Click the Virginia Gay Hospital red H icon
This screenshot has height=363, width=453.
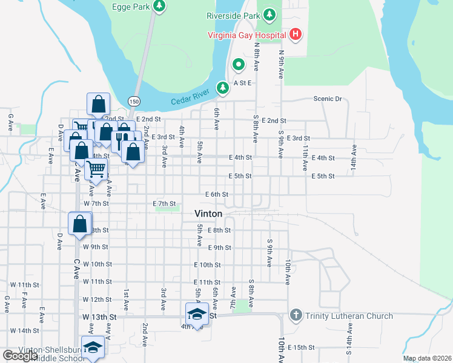(x=295, y=34)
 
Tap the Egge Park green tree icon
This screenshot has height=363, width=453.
(x=159, y=7)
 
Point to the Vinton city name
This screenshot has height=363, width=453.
(x=208, y=214)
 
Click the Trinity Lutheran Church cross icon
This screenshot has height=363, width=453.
(x=296, y=315)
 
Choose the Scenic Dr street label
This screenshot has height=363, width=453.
(x=328, y=99)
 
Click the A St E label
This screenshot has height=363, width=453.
(x=242, y=82)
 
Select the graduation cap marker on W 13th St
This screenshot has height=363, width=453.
(x=197, y=314)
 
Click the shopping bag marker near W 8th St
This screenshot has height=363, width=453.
(x=79, y=223)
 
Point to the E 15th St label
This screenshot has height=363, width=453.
(x=301, y=347)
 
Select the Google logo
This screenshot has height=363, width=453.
(x=21, y=356)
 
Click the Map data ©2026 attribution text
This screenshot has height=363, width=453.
(x=427, y=359)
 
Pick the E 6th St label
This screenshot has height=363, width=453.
(x=217, y=194)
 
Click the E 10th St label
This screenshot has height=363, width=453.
(x=207, y=265)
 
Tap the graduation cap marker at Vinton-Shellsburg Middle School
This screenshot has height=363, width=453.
(x=92, y=348)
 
